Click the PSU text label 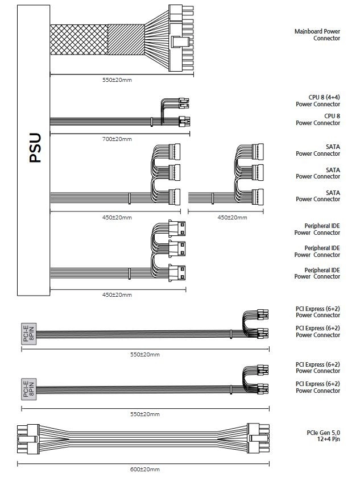[x=35, y=148]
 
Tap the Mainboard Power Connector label [x=317, y=35]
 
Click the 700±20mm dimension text [x=117, y=139]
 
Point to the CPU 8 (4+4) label [x=317, y=101]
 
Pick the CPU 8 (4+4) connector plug [x=183, y=103]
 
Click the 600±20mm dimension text [x=145, y=469]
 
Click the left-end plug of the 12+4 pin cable [x=27, y=439]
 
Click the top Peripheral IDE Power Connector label [x=317, y=229]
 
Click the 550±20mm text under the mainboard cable [x=117, y=80]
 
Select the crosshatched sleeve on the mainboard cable [x=78, y=39]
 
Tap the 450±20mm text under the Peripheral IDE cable [x=117, y=295]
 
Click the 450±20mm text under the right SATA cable [x=232, y=218]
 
